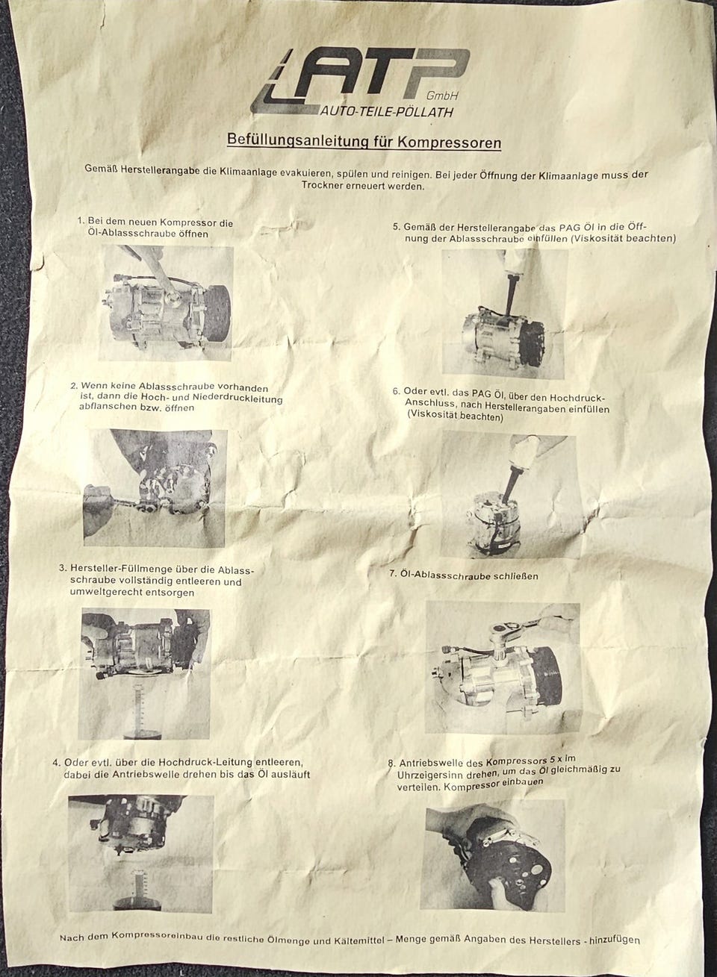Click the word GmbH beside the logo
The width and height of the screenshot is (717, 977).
click(x=442, y=95)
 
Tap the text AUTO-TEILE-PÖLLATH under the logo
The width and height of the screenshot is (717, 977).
click(x=387, y=112)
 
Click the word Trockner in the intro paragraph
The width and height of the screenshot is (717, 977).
click(x=320, y=185)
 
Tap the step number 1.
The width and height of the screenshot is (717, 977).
click(x=81, y=221)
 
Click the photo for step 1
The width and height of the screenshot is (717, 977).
click(x=167, y=303)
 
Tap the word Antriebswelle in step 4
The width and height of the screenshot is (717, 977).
click(x=140, y=775)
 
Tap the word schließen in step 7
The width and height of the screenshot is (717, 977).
click(x=517, y=575)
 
